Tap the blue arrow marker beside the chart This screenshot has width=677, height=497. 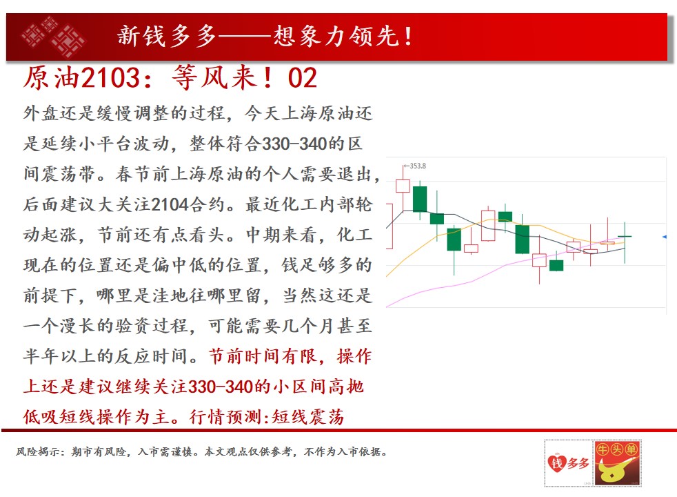(665, 237)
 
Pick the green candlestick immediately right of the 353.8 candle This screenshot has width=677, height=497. (420, 199)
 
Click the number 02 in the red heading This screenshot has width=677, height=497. (303, 78)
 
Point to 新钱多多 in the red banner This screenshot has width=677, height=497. (167, 35)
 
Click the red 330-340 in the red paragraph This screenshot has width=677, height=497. (221, 387)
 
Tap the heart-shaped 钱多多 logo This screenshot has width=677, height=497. (569, 463)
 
